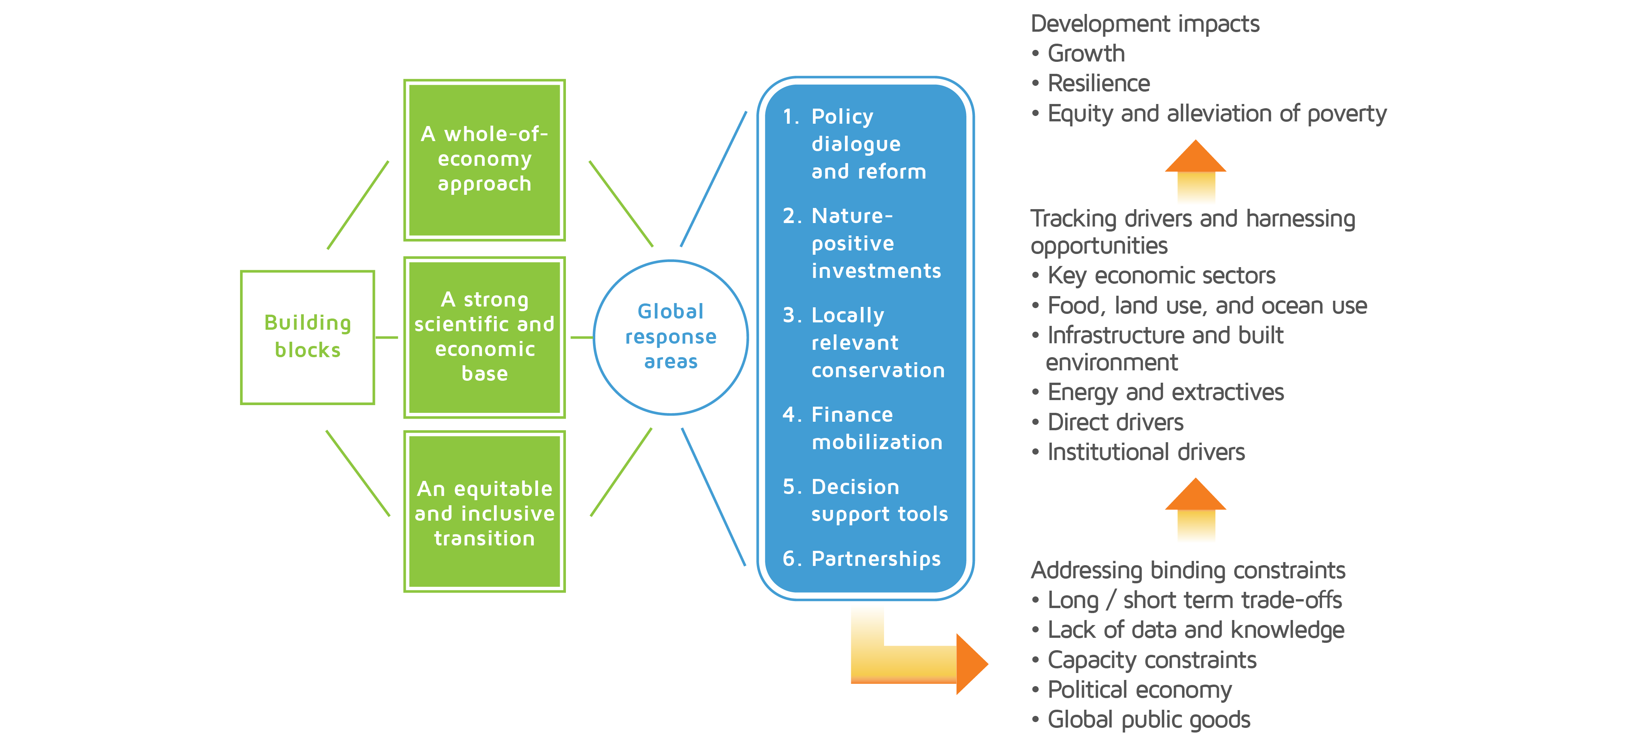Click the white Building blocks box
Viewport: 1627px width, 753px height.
tap(308, 337)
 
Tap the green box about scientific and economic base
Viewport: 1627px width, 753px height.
tap(484, 337)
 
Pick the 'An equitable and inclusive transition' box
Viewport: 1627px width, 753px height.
tap(484, 512)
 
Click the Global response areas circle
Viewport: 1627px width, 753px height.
tap(671, 337)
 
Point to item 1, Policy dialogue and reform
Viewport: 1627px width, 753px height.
tap(855, 144)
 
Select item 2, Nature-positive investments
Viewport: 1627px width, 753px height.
tap(862, 243)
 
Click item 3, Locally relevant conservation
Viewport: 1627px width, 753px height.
tap(864, 342)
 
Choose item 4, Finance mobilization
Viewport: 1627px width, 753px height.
tap(862, 428)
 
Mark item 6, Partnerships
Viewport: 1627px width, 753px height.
tap(862, 559)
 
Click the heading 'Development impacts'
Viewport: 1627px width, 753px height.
tap(1145, 24)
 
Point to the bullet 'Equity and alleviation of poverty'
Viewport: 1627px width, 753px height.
tap(1209, 114)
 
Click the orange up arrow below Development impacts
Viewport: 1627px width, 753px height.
tap(1196, 170)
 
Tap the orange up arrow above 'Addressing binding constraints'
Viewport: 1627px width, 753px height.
tap(1196, 509)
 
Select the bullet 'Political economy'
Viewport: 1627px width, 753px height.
tap(1131, 690)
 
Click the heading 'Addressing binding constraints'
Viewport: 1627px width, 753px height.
tap(1188, 571)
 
